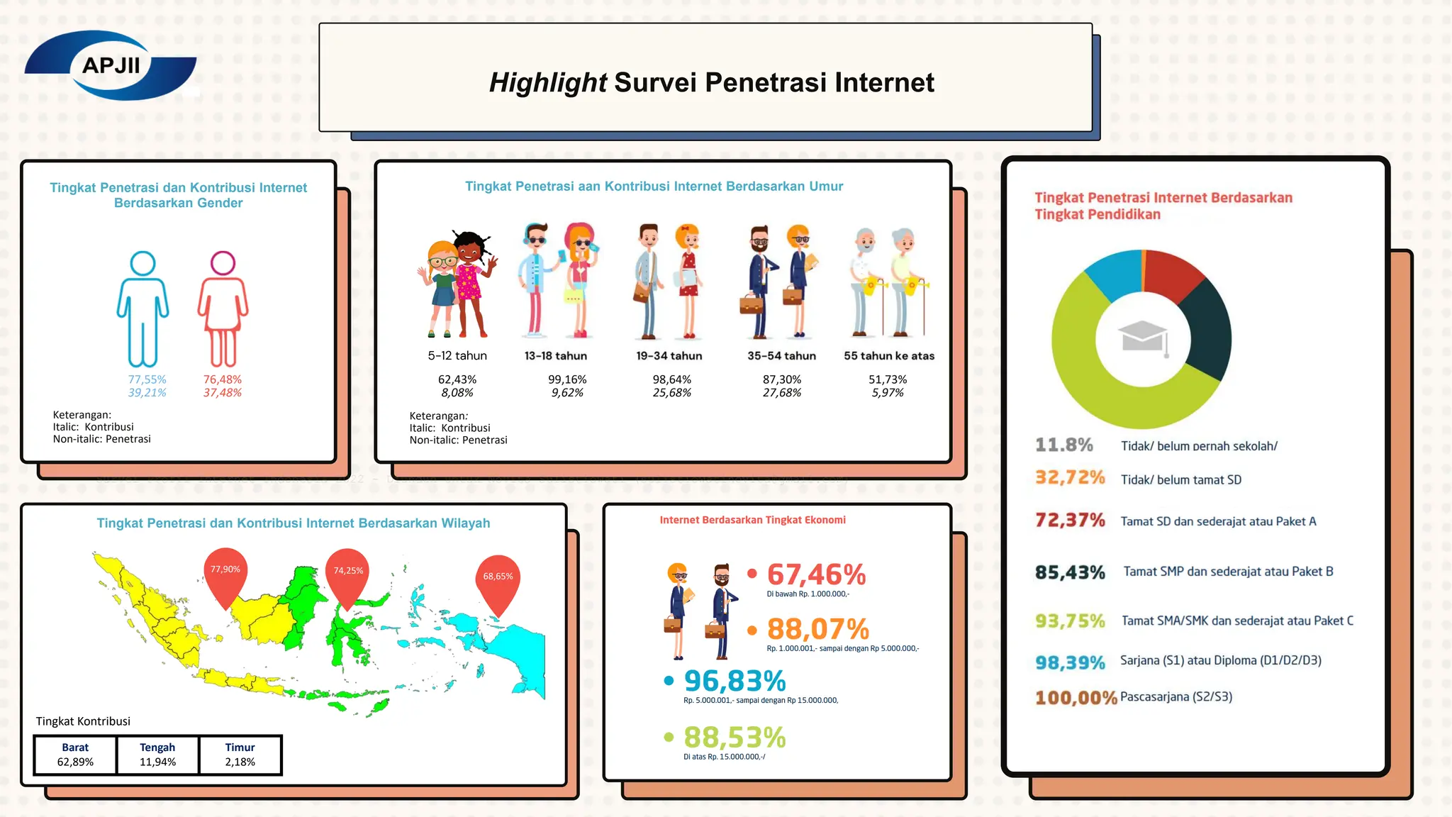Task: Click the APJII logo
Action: coord(111,65)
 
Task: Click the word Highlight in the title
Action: coord(547,82)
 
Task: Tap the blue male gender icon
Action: coord(143,309)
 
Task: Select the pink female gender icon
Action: coord(223,309)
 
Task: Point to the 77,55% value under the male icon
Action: coord(147,379)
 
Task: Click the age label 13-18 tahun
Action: coord(555,355)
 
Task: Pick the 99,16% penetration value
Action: coord(567,379)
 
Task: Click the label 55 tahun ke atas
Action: coord(888,355)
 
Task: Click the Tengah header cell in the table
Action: coord(157,747)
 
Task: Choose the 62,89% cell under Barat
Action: coord(75,762)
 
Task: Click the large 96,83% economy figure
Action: coord(735,681)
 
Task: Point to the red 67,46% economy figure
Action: coord(816,574)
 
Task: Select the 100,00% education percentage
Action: coord(1076,698)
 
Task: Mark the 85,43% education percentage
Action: coord(1070,572)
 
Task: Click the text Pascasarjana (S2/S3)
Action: coord(1176,696)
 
